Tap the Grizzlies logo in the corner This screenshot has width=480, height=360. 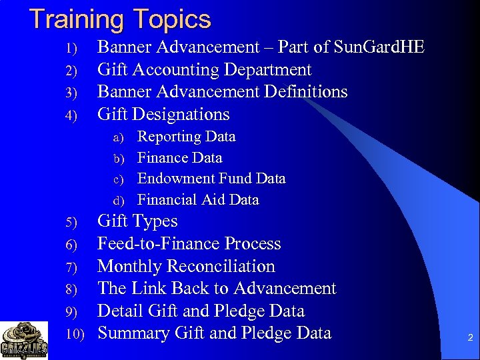point(24,340)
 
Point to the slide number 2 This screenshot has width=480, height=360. point(470,339)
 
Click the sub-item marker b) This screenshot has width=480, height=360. point(119,159)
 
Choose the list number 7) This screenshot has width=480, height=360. point(73,267)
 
